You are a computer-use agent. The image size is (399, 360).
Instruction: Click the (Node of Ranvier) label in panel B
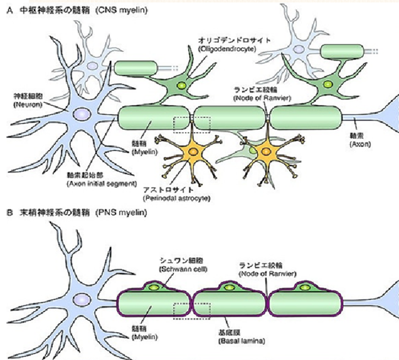point(266,272)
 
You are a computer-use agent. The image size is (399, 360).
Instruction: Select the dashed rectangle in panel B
point(191,310)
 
